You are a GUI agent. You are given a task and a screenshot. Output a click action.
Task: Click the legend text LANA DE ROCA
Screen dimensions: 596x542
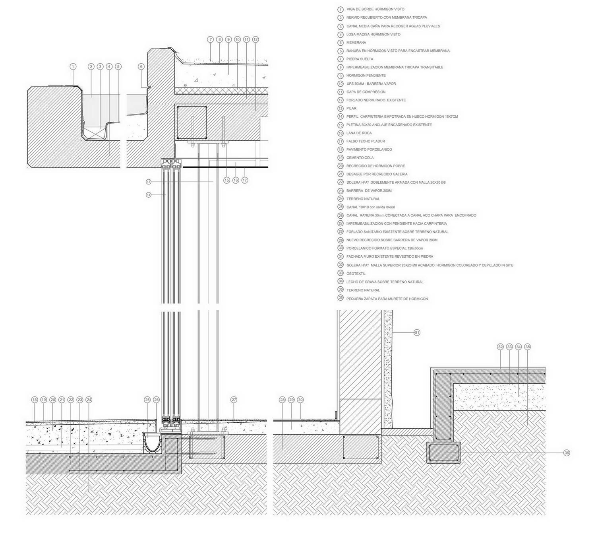(x=359, y=133)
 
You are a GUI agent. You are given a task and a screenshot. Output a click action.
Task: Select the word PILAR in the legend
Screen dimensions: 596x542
(x=351, y=108)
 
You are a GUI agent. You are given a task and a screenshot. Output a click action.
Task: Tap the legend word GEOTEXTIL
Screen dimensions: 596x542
(x=356, y=273)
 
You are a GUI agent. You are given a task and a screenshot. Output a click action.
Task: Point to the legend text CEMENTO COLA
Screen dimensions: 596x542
(x=360, y=157)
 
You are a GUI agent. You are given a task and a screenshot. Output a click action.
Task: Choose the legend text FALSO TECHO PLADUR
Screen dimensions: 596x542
(x=366, y=141)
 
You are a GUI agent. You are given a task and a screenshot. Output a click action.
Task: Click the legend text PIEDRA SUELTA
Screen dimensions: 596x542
(x=360, y=59)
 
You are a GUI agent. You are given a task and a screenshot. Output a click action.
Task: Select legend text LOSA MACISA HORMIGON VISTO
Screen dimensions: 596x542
(x=373, y=34)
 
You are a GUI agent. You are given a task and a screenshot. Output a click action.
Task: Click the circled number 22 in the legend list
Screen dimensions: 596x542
(x=341, y=182)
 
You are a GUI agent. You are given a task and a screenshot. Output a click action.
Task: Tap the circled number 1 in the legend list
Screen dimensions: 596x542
(x=341, y=10)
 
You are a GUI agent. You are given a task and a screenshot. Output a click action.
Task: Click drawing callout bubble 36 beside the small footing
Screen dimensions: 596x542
(x=567, y=453)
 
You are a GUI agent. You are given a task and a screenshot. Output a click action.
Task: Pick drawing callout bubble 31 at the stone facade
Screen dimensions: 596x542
(x=417, y=332)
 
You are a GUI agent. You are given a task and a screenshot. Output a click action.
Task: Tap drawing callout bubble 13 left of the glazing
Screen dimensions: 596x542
(x=149, y=182)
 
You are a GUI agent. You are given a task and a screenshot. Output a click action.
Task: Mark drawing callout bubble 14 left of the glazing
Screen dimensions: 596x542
(x=149, y=195)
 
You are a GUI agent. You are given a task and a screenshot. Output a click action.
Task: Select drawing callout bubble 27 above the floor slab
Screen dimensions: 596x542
(x=234, y=400)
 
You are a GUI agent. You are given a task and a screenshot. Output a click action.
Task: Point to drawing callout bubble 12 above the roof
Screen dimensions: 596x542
(x=255, y=39)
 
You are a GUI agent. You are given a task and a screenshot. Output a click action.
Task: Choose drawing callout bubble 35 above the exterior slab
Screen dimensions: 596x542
(x=527, y=347)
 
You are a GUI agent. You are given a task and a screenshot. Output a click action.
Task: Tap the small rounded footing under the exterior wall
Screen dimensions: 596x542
(x=443, y=453)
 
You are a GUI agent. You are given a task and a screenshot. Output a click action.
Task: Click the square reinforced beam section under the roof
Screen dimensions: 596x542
(x=192, y=122)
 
